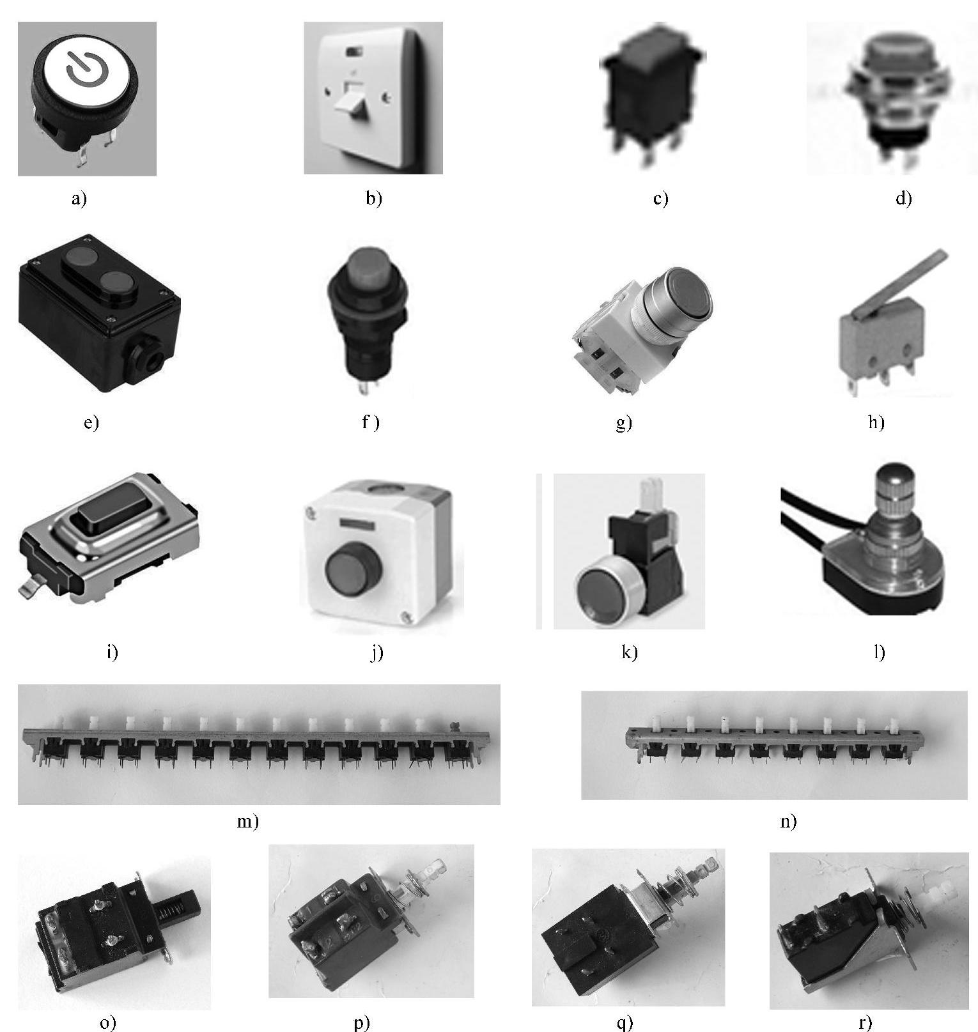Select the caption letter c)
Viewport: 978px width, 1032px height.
(x=660, y=198)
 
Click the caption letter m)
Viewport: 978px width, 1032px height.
(x=248, y=821)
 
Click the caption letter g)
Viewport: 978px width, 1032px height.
(x=623, y=422)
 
